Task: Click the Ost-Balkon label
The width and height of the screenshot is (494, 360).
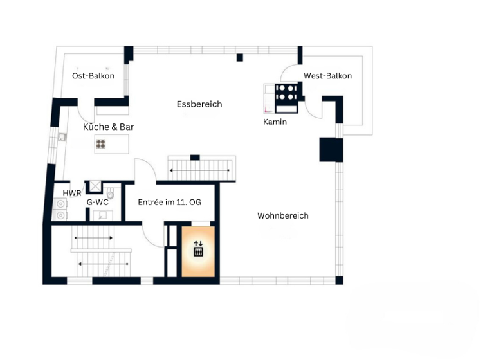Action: coord(93,76)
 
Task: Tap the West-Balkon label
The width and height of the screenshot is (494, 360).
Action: coord(327,76)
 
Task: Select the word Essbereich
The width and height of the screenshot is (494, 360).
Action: coord(199,104)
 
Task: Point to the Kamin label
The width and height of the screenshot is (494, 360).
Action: coord(275,122)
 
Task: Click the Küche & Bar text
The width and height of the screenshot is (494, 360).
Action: coord(109,127)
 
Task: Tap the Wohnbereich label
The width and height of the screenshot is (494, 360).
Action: coord(282,215)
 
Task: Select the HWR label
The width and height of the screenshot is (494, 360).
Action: coord(71,193)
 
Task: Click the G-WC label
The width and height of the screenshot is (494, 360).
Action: coord(97,202)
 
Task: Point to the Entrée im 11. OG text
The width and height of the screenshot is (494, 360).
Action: coord(169,202)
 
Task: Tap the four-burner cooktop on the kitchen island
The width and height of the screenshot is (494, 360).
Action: coord(102,143)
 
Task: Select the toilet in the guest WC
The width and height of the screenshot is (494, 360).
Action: coord(110,192)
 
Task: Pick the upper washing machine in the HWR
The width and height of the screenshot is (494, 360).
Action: coord(60,204)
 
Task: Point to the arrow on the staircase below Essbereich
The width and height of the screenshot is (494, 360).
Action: coord(199,170)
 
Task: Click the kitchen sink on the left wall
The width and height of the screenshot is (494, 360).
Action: coord(62,137)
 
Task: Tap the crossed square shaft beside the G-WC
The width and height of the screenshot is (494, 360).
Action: coord(95,186)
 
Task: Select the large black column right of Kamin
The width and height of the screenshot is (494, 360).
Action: coord(331,149)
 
